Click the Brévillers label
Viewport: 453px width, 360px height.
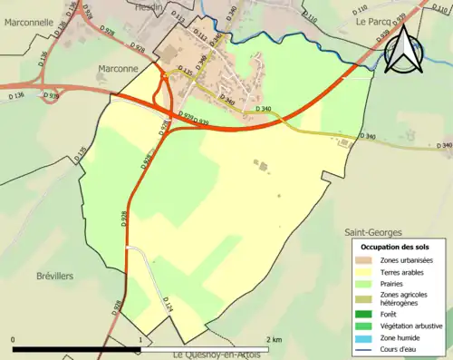point(55,275)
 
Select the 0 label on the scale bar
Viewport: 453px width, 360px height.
point(13,339)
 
